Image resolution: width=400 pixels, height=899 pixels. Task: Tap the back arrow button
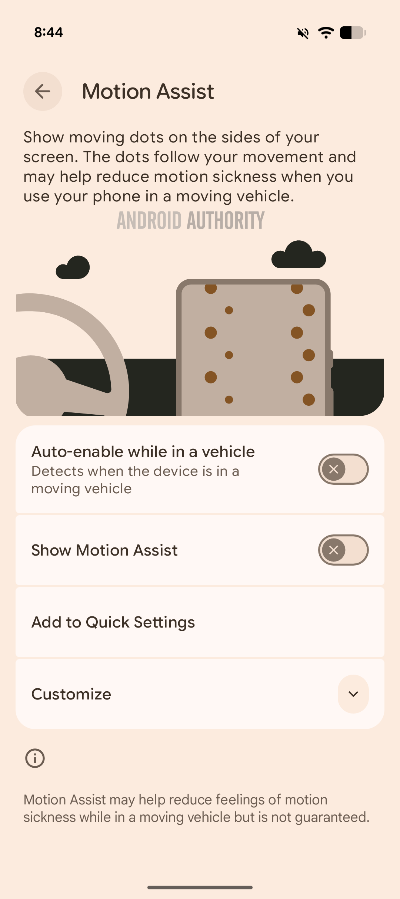[x=43, y=91]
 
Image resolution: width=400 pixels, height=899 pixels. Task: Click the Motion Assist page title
[x=148, y=91]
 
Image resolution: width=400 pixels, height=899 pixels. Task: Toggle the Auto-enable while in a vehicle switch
[x=343, y=469]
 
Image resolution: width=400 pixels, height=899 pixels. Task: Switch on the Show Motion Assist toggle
[x=343, y=550]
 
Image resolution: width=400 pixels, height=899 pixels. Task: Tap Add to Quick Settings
[x=113, y=622]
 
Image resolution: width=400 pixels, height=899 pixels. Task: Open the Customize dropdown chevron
[x=353, y=694]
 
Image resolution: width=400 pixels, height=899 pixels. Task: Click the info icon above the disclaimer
[x=35, y=758]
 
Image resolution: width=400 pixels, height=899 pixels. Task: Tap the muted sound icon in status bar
[x=303, y=33]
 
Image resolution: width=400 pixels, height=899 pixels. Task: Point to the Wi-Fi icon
[x=326, y=33]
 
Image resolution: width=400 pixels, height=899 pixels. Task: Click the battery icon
[x=353, y=33]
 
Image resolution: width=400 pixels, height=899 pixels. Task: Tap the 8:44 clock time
[x=49, y=32]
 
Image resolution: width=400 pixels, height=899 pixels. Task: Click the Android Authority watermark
[x=191, y=220]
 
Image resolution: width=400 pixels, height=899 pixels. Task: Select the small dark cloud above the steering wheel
[x=73, y=267]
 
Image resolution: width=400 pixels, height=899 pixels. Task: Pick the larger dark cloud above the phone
[x=299, y=254]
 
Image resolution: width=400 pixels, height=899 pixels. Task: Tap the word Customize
[x=71, y=694]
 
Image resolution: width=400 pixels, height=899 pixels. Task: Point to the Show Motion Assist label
[x=104, y=550]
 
